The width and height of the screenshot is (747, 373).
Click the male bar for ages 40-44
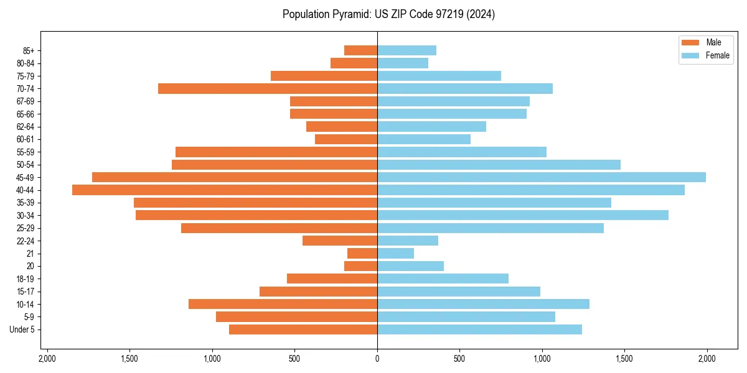(x=225, y=190)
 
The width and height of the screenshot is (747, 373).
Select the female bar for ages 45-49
(x=542, y=177)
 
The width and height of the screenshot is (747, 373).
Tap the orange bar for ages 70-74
(x=268, y=89)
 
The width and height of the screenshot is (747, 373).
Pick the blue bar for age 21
(x=396, y=254)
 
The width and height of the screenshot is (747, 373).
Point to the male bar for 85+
(x=361, y=50)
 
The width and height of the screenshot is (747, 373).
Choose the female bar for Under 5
(x=479, y=329)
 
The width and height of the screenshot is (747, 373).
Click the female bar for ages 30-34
(x=523, y=215)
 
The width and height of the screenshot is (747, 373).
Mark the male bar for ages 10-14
(x=283, y=304)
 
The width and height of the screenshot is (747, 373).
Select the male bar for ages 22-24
(x=340, y=241)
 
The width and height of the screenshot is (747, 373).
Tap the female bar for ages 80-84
(x=403, y=63)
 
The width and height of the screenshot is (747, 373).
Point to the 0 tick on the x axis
(x=377, y=359)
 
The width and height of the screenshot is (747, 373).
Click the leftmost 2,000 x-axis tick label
(x=47, y=359)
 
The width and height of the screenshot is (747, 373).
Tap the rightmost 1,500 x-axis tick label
(x=624, y=359)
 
